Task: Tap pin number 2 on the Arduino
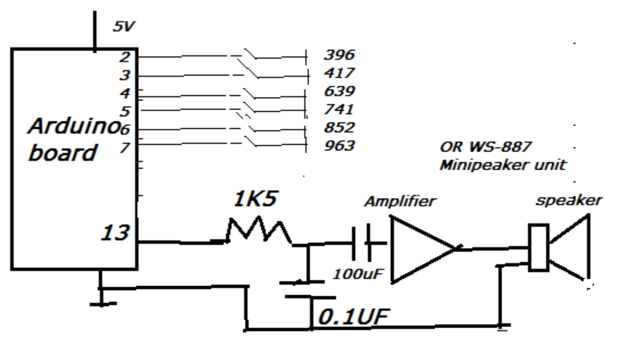[124, 56]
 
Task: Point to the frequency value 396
[339, 55]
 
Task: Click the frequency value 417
[339, 73]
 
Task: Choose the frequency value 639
[339, 91]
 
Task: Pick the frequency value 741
[339, 110]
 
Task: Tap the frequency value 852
[339, 128]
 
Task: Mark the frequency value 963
[339, 146]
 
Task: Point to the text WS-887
[502, 147]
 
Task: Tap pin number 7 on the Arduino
[124, 147]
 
